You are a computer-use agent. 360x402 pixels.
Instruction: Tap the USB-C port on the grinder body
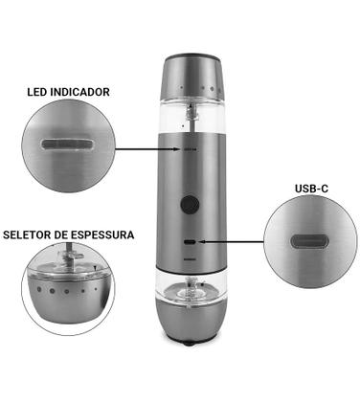tap(191, 242)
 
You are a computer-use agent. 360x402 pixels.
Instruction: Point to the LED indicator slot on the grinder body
tap(191, 149)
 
